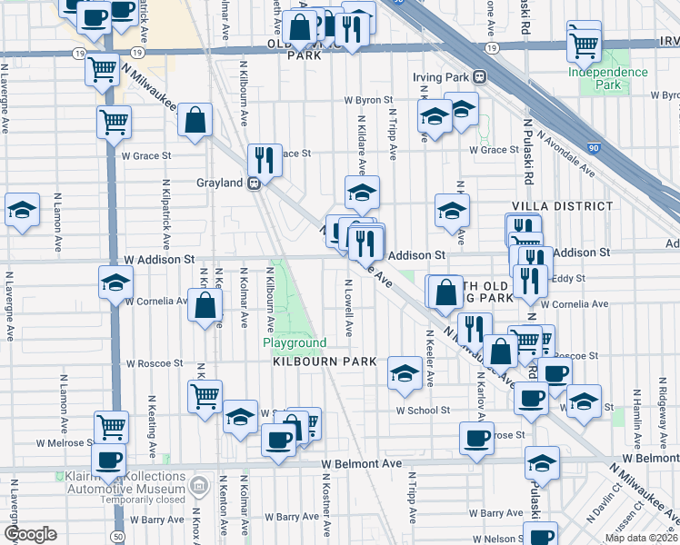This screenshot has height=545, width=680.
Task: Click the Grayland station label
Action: click(219, 183)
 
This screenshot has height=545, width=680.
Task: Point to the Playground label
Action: click(295, 342)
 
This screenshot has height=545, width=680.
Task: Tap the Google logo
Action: click(31, 534)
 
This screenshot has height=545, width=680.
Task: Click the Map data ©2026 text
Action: click(641, 538)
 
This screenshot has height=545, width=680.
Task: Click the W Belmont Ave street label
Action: click(362, 463)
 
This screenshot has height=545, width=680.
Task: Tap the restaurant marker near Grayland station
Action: click(264, 160)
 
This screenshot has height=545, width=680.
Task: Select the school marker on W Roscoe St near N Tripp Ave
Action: click(405, 372)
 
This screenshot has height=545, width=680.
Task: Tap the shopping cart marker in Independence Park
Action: click(584, 42)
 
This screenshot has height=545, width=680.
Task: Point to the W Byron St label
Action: click(367, 101)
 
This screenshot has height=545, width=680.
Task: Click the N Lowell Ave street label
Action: click(348, 307)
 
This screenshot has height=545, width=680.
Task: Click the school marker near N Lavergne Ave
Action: click(22, 210)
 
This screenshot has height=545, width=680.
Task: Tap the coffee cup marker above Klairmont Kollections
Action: click(108, 459)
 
